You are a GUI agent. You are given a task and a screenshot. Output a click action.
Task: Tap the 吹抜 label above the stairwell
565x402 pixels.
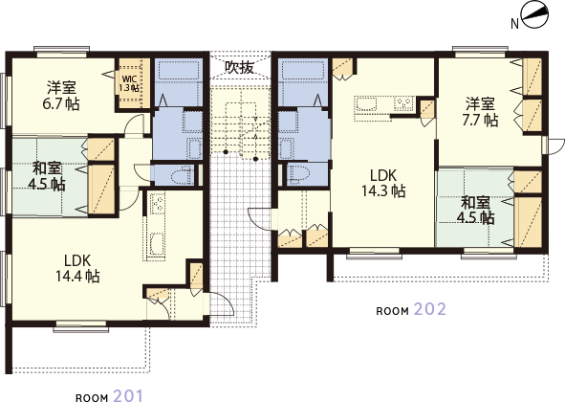click(240, 67)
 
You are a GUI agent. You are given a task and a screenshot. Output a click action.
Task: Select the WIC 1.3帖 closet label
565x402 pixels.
click(129, 83)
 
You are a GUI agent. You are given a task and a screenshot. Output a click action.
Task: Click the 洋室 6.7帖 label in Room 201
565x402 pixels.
click(61, 96)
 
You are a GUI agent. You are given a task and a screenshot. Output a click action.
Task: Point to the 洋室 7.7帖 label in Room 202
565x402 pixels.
click(480, 112)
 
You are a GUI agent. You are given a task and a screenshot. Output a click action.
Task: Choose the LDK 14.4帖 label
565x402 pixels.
click(77, 269)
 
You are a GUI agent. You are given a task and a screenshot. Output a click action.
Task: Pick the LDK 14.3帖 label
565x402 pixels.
click(383, 184)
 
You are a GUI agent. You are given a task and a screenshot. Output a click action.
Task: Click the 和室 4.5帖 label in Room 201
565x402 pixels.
click(47, 176)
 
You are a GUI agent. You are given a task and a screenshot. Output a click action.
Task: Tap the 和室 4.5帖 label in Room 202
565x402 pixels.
click(476, 211)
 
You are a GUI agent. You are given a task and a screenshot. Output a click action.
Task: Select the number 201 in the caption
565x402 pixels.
click(128, 395)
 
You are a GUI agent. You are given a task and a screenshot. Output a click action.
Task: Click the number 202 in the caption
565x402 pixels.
click(430, 309)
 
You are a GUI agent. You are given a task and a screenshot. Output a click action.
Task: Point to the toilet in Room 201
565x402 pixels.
click(181, 174)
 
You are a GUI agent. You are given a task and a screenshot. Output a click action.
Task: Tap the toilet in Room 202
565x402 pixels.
click(297, 174)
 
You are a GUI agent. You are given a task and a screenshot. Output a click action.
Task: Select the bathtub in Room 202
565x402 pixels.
click(302, 71)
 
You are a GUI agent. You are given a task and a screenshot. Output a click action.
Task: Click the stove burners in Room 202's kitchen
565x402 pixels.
click(403, 104)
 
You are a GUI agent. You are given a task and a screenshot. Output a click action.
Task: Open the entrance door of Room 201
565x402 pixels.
click(222, 305)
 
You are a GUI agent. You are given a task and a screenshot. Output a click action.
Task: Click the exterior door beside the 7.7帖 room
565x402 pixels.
click(555, 145)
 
